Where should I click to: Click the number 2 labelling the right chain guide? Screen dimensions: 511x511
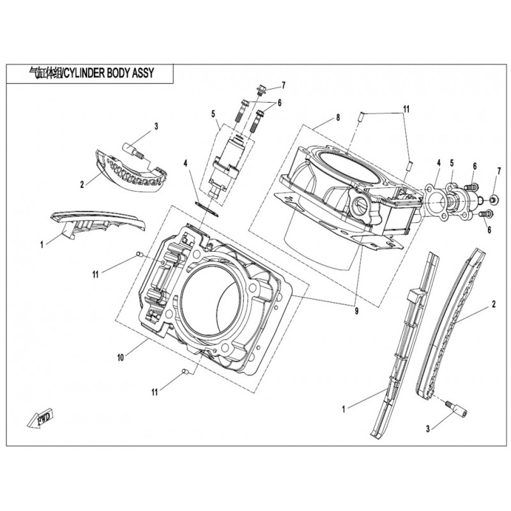point(493,306)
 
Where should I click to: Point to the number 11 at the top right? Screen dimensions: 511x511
point(405,110)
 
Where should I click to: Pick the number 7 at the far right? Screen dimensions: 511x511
point(500,171)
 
